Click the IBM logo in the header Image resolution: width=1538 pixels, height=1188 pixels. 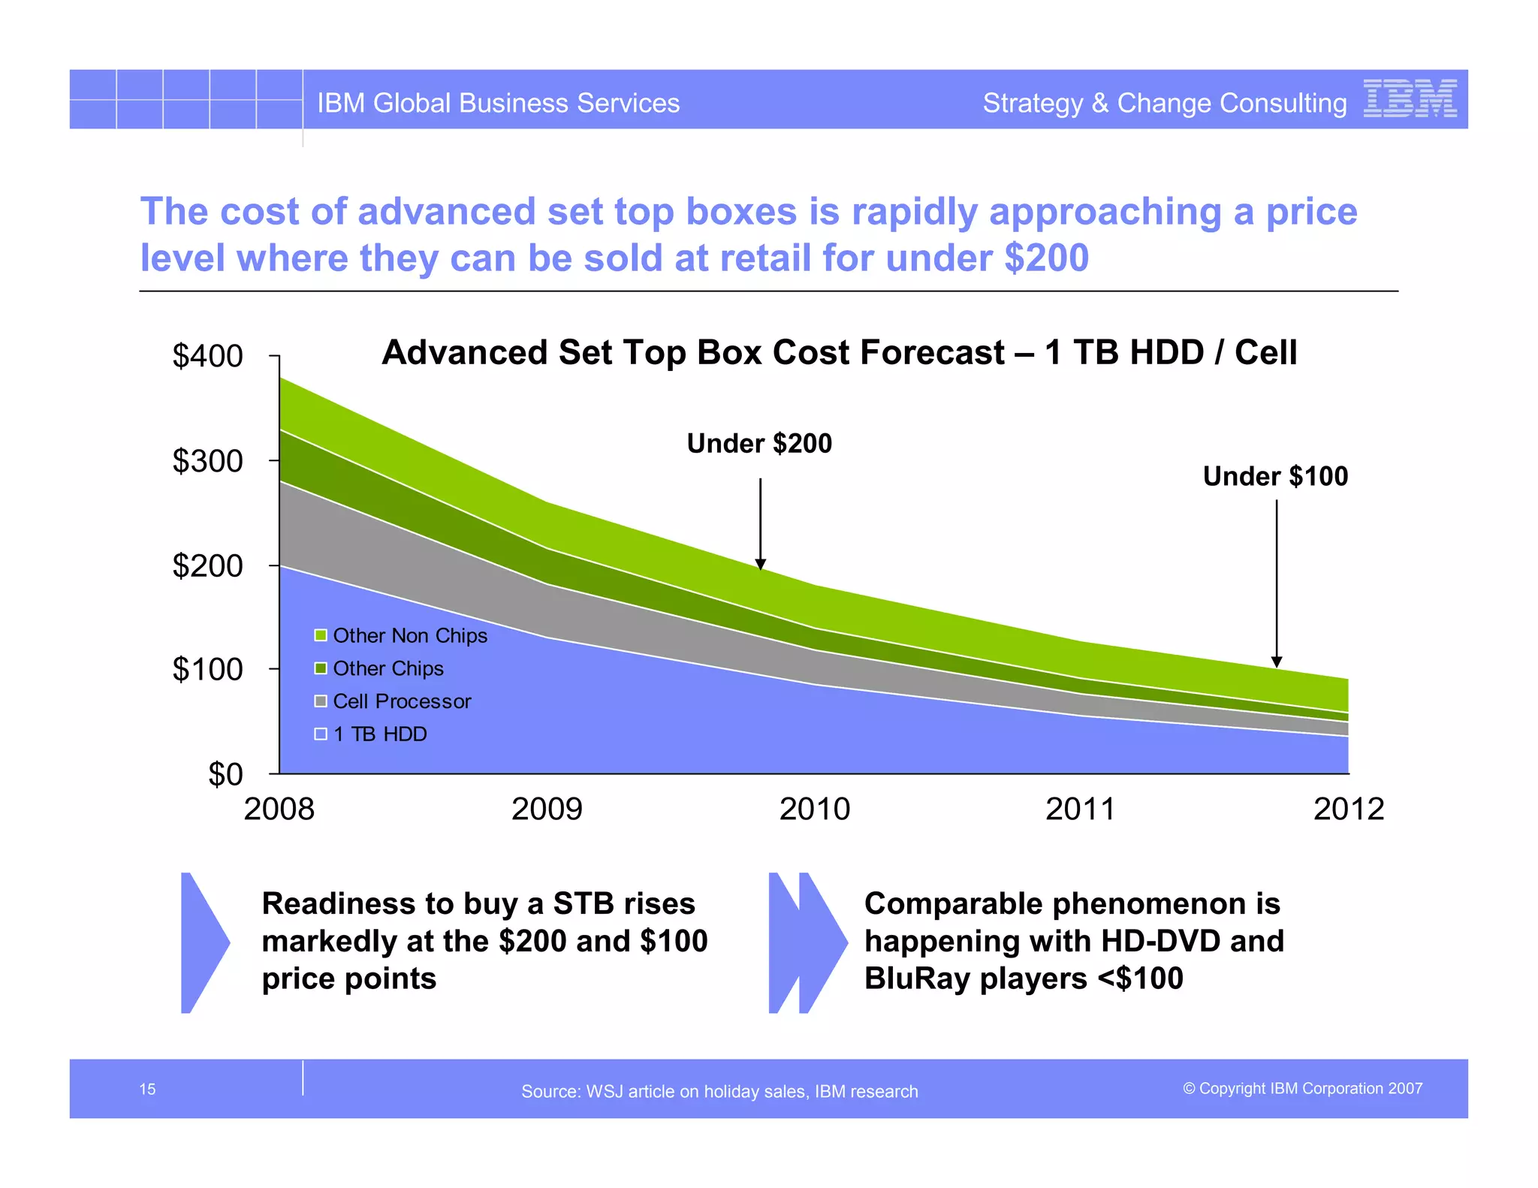[x=1410, y=98]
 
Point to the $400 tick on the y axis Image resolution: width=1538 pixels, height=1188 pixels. [x=274, y=355]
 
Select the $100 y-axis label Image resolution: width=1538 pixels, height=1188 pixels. [x=207, y=669]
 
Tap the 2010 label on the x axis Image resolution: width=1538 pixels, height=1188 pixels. [x=814, y=809]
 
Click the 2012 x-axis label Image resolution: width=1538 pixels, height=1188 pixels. [x=1348, y=809]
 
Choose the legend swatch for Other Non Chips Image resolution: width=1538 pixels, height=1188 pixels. [x=321, y=635]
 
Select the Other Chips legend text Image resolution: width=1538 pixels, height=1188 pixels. [x=388, y=668]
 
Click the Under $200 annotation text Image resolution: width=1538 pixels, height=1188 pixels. [x=759, y=444]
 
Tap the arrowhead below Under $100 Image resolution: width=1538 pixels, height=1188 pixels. [x=1277, y=662]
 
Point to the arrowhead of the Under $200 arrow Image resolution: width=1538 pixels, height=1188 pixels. [x=760, y=564]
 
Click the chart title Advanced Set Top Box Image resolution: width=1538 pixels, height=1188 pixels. [x=839, y=352]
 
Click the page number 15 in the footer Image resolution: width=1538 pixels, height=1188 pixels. [x=147, y=1089]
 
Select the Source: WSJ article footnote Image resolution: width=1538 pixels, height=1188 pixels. [x=719, y=1091]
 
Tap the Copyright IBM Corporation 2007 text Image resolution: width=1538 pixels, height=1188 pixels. [x=1302, y=1088]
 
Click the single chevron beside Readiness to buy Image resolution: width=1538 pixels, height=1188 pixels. [x=203, y=942]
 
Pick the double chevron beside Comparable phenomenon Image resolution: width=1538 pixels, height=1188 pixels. [x=807, y=942]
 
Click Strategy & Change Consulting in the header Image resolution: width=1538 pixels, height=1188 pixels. [x=1164, y=103]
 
